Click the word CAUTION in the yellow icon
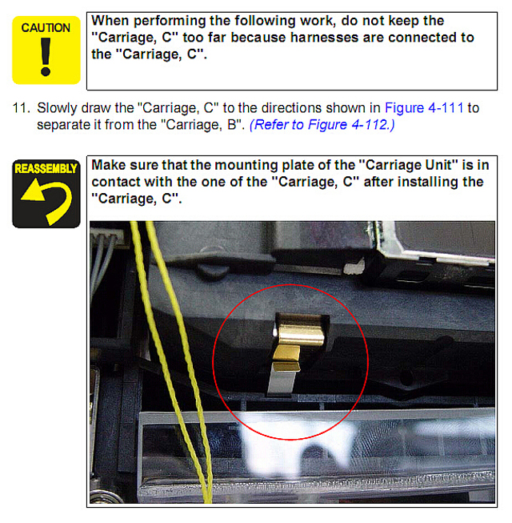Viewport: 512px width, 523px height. pos(46,28)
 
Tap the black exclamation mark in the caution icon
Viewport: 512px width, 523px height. pos(46,56)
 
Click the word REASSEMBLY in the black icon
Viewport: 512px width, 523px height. pos(46,168)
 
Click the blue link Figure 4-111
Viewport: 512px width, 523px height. pos(424,108)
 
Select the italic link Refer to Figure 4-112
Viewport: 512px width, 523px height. pos(322,125)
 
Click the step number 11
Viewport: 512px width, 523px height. pos(21,108)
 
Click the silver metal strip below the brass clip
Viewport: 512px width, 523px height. pos(280,380)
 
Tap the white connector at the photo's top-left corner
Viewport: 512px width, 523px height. pos(106,235)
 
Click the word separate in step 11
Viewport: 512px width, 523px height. pos(63,126)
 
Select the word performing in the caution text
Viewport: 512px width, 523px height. pos(170,21)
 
